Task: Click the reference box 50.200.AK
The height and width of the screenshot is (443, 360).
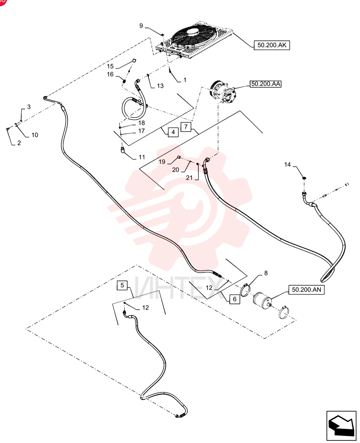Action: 272,45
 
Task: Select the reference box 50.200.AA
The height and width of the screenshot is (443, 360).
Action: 266,84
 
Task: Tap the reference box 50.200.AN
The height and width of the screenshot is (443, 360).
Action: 306,290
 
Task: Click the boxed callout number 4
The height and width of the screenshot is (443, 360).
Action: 173,132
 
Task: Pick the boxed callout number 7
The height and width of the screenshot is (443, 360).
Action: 186,126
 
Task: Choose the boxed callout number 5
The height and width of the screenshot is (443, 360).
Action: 122,285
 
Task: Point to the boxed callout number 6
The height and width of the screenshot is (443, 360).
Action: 235,299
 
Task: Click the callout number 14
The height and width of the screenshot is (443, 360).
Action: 287,164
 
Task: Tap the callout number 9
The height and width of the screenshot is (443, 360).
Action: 141,26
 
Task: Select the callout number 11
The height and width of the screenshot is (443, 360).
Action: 142,157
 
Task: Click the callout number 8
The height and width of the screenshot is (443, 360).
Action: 266,273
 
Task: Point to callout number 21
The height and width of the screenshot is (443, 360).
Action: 189,178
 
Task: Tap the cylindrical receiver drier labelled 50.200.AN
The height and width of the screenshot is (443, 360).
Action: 263,300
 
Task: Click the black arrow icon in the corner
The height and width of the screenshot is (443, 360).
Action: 341,424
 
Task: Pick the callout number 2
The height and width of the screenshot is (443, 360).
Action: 19,143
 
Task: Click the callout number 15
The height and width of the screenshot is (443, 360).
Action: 110,66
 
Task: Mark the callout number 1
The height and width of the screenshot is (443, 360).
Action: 185,80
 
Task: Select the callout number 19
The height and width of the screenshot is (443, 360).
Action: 162,162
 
